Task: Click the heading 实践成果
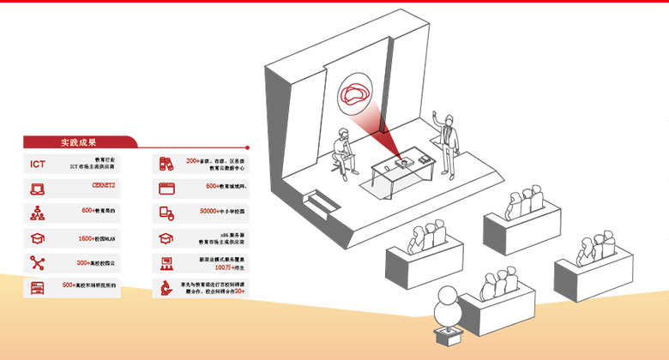[x=78, y=142]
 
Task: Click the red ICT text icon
[x=38, y=165]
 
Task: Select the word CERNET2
[x=102, y=185]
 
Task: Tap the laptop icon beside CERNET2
[x=38, y=189]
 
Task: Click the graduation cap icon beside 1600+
[x=38, y=238]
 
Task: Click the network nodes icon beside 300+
[x=38, y=263]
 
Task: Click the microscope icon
[x=166, y=286]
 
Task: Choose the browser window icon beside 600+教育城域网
[x=166, y=187]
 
